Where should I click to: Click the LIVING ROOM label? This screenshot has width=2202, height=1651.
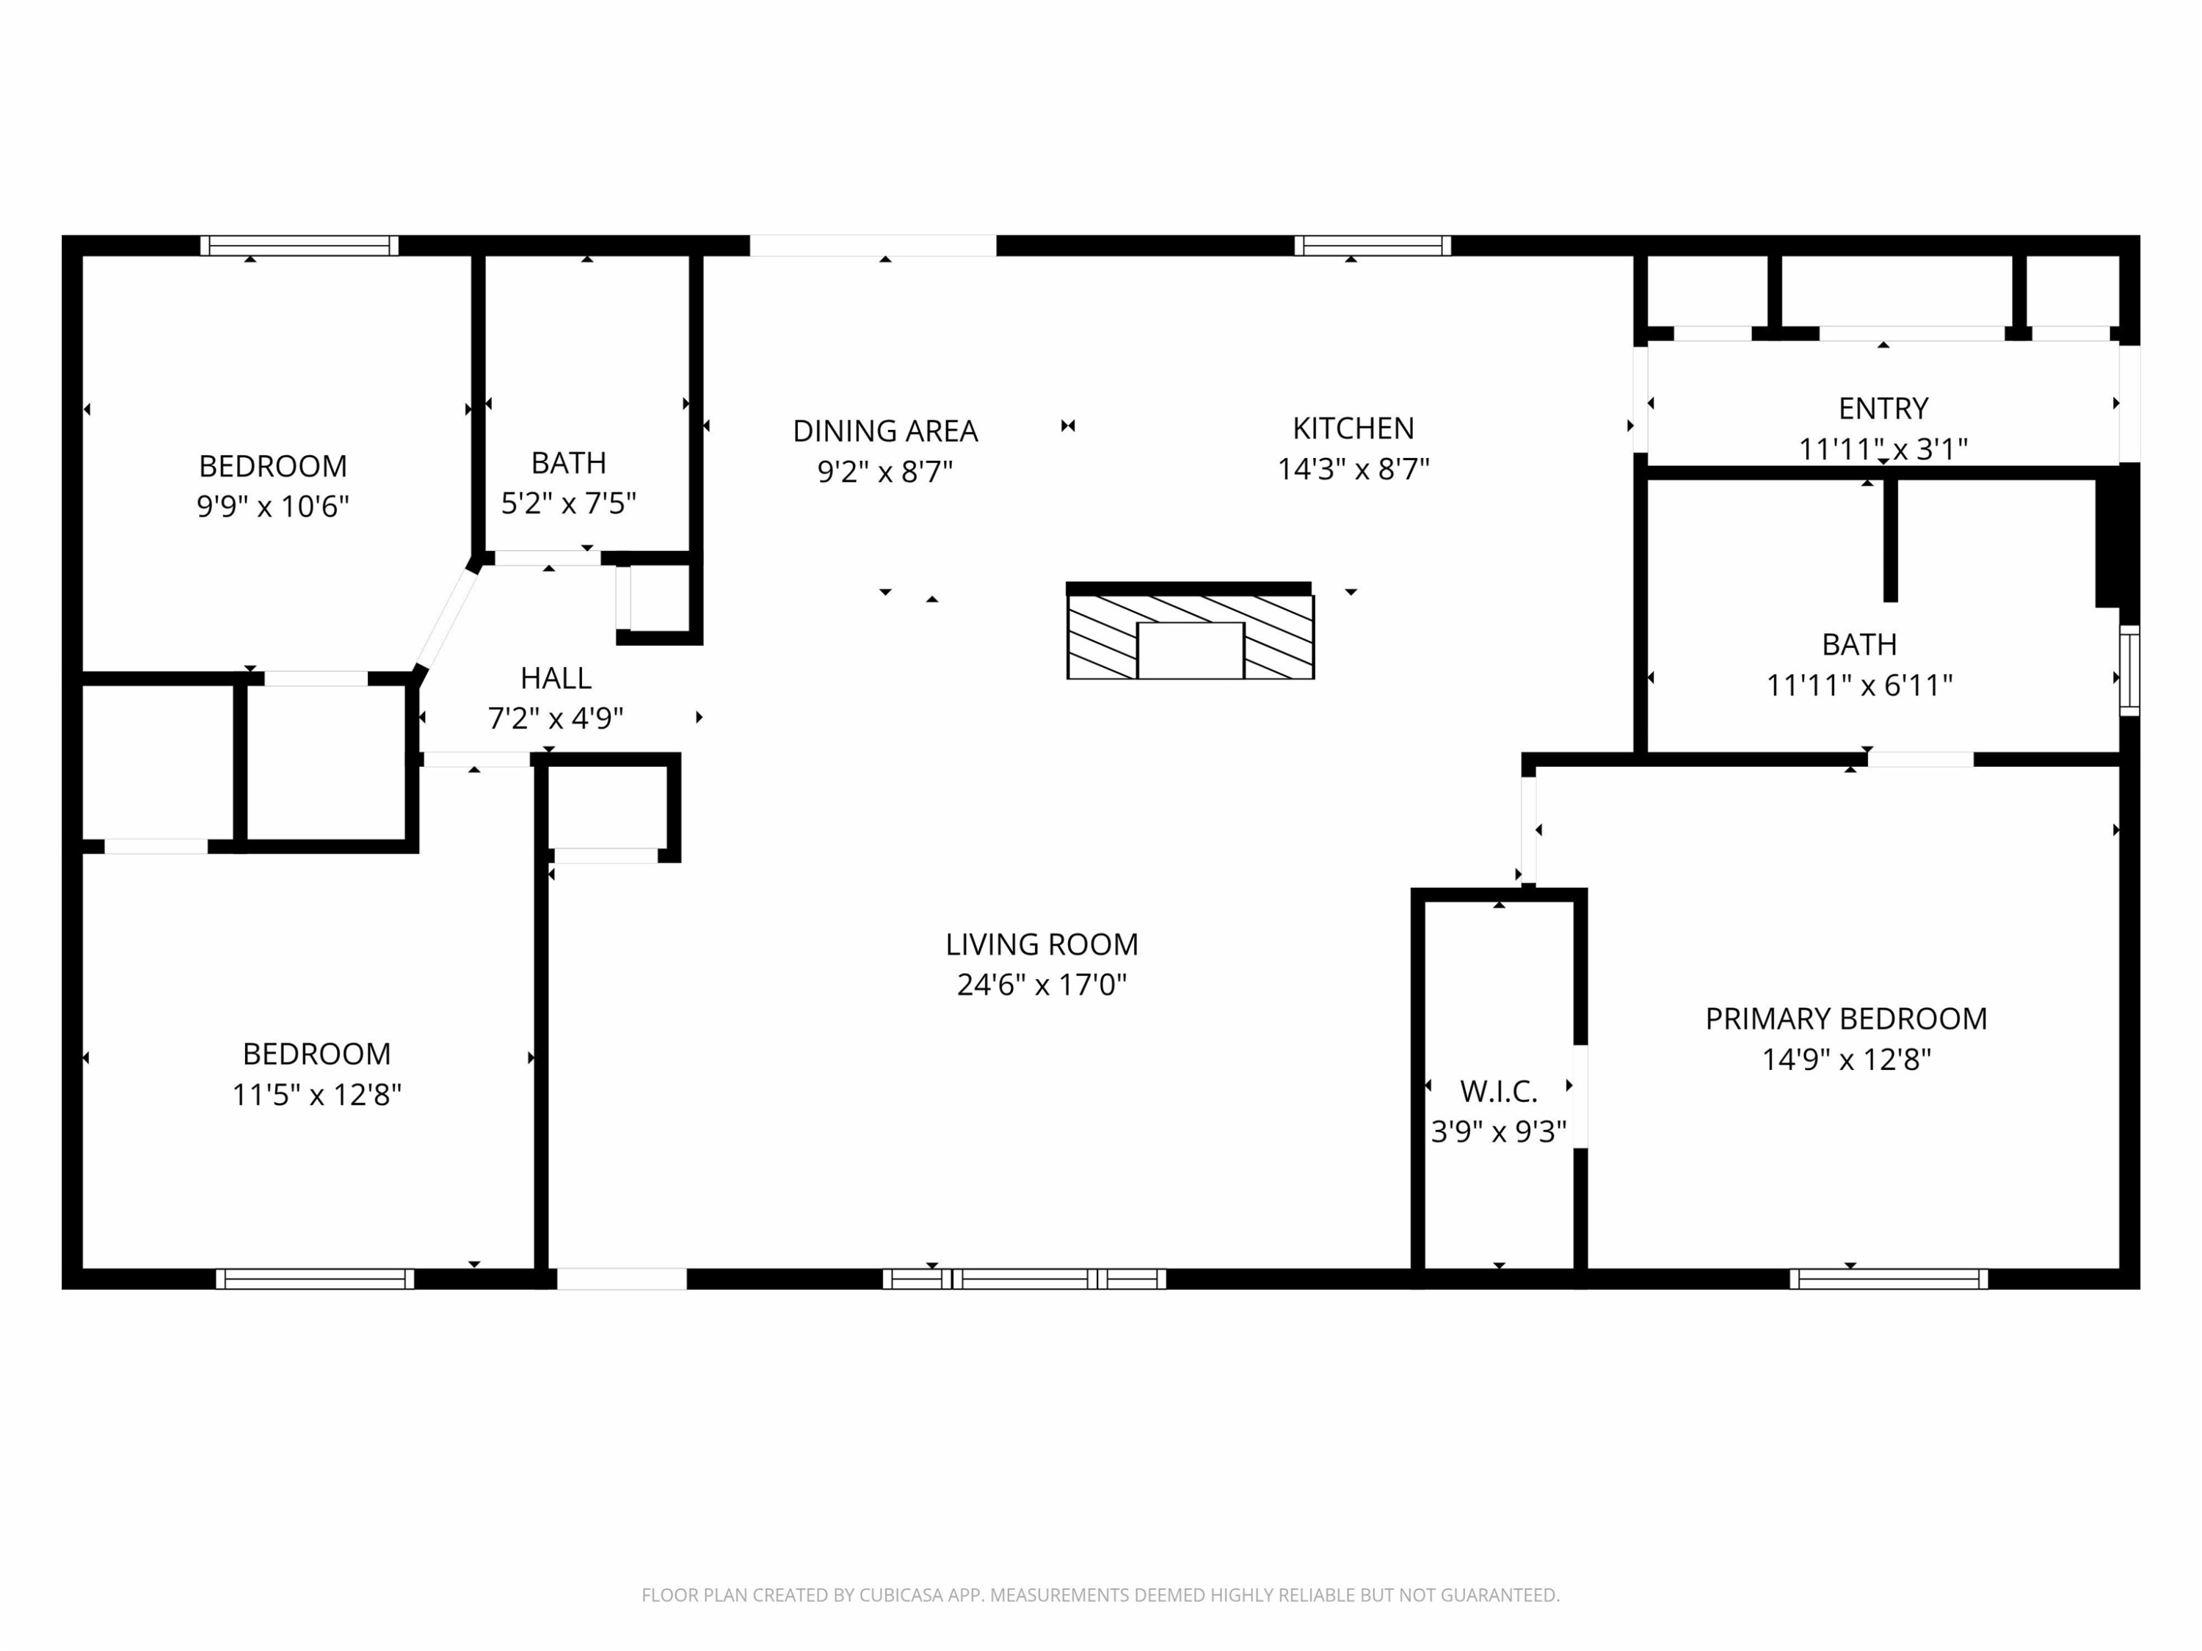coord(1042,944)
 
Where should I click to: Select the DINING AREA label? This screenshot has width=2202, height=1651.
coord(885,431)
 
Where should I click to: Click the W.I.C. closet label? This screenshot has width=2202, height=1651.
coord(1498,1092)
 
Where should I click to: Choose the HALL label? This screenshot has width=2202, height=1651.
coord(556,678)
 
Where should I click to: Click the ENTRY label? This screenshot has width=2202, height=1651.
coord(1883,408)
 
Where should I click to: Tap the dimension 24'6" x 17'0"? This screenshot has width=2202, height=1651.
coord(1042,984)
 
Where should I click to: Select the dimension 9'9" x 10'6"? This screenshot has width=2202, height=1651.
coord(273,506)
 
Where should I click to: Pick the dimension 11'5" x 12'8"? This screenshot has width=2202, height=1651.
coord(316,1095)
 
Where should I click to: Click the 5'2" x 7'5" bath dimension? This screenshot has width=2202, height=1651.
coord(568,503)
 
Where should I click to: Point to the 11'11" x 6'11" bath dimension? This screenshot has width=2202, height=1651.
coord(1858,685)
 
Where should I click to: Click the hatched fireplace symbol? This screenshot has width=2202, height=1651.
coord(1191,637)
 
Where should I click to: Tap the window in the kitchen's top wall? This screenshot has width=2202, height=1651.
coord(1372,246)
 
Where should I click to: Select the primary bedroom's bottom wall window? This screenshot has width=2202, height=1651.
coord(1889,1279)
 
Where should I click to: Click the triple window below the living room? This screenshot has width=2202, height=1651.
coord(1025,1279)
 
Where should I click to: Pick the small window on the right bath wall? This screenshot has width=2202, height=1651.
coord(2129,670)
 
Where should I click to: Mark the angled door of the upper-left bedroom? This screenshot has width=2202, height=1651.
coord(446,617)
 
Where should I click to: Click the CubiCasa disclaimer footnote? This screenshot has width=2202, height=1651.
coord(1100,1595)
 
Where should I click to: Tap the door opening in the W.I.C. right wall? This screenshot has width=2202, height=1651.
coord(1580,1097)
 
